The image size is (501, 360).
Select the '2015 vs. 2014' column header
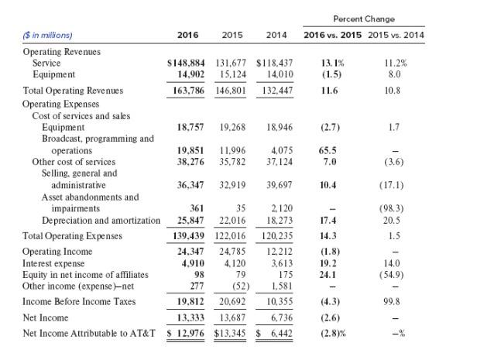[396, 35]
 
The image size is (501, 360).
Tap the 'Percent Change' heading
[363, 19]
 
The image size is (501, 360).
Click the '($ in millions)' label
[48, 35]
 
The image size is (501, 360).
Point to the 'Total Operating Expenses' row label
[73, 235]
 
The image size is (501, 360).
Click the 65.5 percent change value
[328, 150]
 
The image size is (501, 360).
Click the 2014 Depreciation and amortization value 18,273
[279, 221]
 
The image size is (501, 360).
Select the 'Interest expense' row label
[54, 263]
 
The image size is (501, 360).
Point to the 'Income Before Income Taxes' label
[78, 300]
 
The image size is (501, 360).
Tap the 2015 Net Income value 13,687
[232, 317]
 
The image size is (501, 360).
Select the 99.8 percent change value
[396, 300]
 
